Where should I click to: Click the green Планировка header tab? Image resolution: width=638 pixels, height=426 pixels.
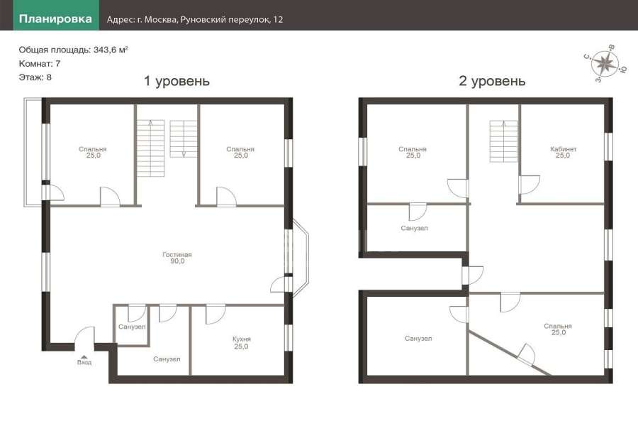[x=56, y=18]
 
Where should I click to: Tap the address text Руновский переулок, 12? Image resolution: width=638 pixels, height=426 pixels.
[x=232, y=19]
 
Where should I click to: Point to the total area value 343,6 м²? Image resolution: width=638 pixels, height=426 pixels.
[x=111, y=50]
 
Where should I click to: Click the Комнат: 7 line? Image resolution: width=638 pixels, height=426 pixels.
[x=40, y=64]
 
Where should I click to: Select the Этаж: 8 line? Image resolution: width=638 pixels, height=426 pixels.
[x=35, y=77]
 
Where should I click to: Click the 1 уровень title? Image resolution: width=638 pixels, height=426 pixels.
[x=177, y=81]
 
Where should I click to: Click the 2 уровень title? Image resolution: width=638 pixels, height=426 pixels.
[x=492, y=81]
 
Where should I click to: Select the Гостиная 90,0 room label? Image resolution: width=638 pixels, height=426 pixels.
[x=177, y=258]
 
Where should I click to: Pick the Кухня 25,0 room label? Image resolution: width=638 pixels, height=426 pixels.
[x=241, y=342]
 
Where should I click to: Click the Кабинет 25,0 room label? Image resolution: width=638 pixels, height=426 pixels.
[x=563, y=152]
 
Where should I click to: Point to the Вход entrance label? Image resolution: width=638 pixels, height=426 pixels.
[x=84, y=362]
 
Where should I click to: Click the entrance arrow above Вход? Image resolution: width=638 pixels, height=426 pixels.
[x=84, y=356]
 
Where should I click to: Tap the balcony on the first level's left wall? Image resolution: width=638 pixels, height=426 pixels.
[x=33, y=152]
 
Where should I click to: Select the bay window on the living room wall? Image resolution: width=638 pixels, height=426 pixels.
[x=301, y=258]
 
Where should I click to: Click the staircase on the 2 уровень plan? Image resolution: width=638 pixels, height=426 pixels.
[x=503, y=141]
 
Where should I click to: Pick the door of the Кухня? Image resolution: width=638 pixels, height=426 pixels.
[x=216, y=315]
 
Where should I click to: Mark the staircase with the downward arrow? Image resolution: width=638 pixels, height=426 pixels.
[x=184, y=138]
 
